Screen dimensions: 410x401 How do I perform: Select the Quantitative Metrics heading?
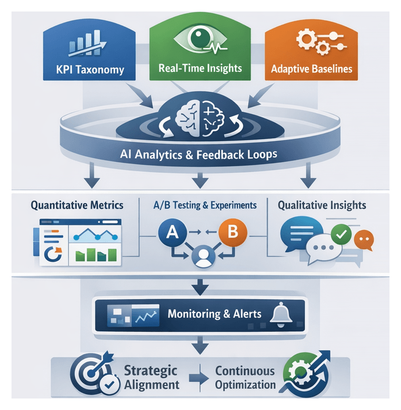coord(77,204)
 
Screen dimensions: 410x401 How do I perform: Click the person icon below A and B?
coord(201,256)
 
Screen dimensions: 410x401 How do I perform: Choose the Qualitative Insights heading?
coord(322,205)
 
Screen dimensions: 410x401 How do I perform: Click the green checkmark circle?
coord(342,235)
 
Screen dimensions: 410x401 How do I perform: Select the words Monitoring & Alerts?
coord(215,314)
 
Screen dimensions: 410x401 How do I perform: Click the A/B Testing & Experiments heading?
coord(205,204)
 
